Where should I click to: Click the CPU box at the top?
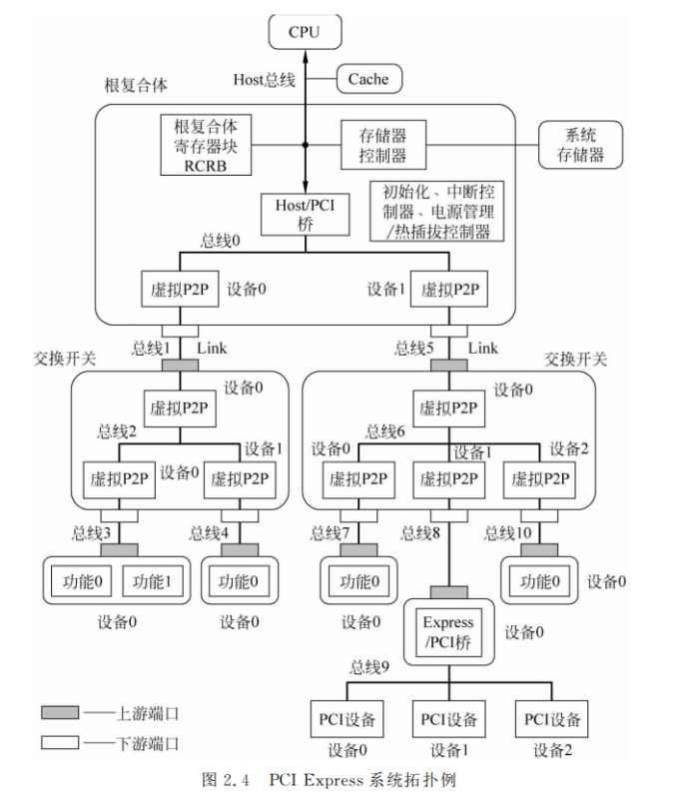coord(305,33)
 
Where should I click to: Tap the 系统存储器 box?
coord(579,145)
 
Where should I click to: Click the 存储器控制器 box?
coord(382,145)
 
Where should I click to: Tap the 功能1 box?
coord(153,580)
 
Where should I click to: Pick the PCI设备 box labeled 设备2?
coord(550,718)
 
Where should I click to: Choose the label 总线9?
coord(370,668)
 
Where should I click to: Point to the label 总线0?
coord(221,241)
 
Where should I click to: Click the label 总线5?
coord(414,349)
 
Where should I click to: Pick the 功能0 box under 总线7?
coord(357,580)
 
